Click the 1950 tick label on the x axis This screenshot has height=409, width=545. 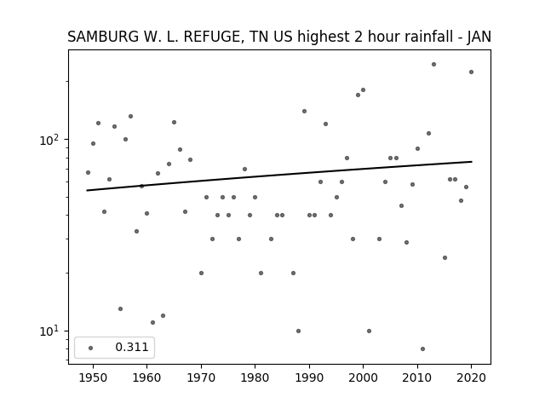pyautogui.click(x=93, y=377)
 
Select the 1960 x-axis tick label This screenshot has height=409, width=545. pyautogui.click(x=146, y=377)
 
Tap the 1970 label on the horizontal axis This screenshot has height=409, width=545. pyautogui.click(x=201, y=377)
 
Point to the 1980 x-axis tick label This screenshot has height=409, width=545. pyautogui.click(x=255, y=377)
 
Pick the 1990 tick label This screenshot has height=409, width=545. pyautogui.click(x=309, y=377)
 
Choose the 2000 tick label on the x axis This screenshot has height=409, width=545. pyautogui.click(x=364, y=377)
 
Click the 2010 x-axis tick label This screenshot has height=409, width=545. pyautogui.click(x=417, y=377)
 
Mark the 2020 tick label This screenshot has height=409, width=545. pyautogui.click(x=471, y=377)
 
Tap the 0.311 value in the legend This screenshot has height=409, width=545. pyautogui.click(x=132, y=347)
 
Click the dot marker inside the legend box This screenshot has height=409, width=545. pyautogui.click(x=91, y=348)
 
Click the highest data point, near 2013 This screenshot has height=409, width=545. pyautogui.click(x=433, y=65)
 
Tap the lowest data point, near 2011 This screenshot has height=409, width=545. pyautogui.click(x=422, y=349)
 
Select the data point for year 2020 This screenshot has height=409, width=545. pyautogui.click(x=471, y=72)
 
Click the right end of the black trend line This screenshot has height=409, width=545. pyautogui.click(x=472, y=162)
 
